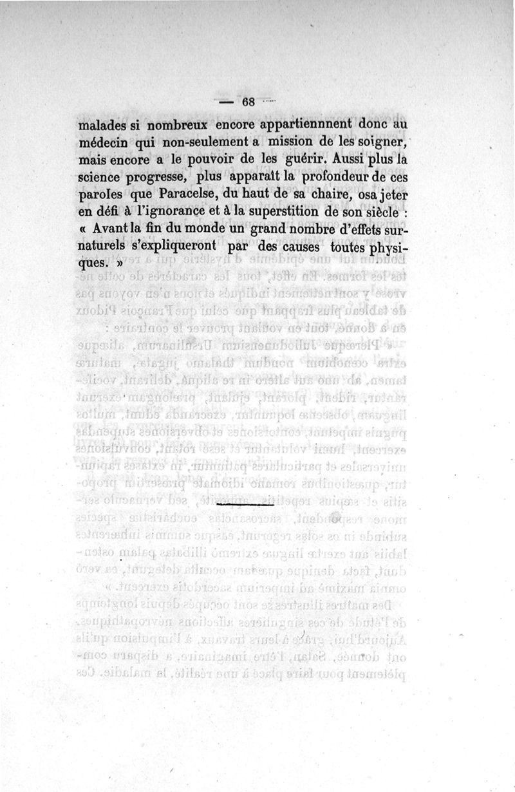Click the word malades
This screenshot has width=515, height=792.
tap(100, 125)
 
